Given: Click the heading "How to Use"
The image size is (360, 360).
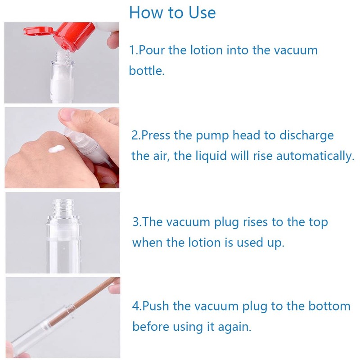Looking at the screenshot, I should click(172, 12).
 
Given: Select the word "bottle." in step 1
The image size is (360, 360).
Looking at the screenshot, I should click(147, 71).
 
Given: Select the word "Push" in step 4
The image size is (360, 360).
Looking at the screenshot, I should click(157, 306).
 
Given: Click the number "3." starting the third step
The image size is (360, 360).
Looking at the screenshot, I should click(137, 222).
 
